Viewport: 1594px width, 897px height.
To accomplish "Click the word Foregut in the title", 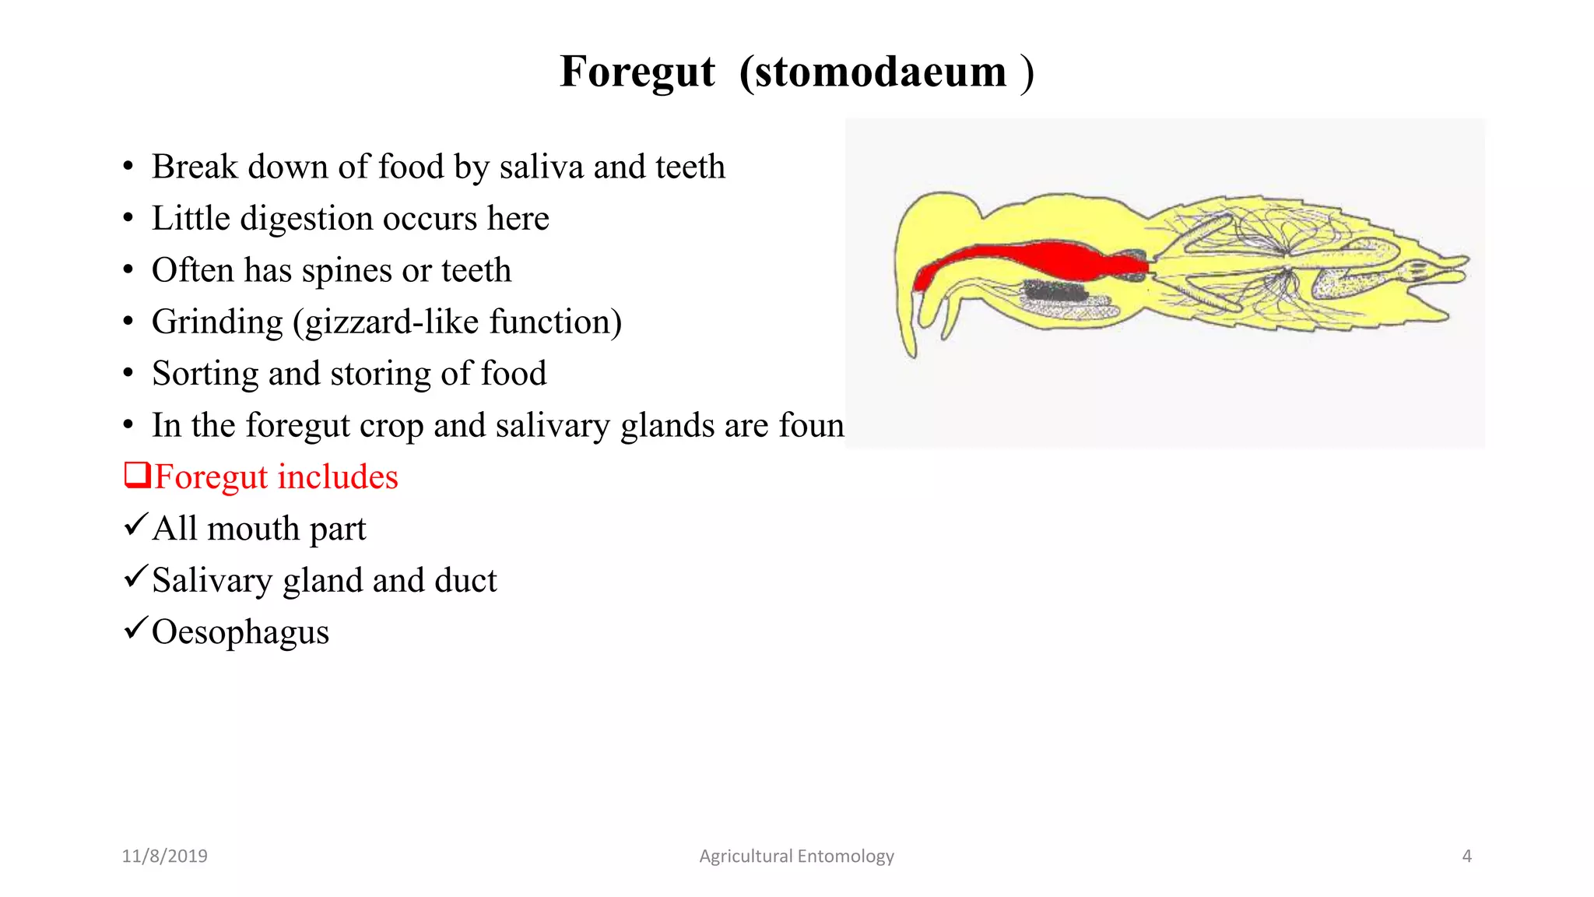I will (x=637, y=72).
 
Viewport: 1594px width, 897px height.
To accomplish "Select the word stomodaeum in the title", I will (x=880, y=72).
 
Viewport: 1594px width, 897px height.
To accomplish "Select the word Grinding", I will (x=217, y=322).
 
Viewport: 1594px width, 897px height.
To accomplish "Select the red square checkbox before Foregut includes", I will (x=137, y=474).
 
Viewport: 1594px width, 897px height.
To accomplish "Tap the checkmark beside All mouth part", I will (x=135, y=525).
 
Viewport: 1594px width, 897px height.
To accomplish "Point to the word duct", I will (x=465, y=580).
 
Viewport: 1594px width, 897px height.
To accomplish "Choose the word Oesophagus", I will (x=240, y=632).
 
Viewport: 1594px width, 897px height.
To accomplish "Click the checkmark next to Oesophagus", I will (x=135, y=628).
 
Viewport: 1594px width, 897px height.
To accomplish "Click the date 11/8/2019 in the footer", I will (x=164, y=856).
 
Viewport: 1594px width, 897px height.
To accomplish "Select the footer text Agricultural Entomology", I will (x=796, y=856).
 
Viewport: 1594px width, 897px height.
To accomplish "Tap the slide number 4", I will (x=1466, y=856).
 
